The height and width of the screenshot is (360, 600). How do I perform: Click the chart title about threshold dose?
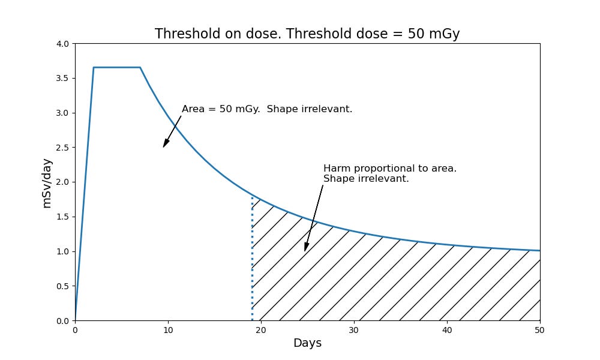pos(307,34)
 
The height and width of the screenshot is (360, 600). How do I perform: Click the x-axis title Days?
pos(307,343)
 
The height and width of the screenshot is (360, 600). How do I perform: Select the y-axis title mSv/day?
pos(47,182)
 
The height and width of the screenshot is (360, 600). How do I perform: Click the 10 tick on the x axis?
pos(168,329)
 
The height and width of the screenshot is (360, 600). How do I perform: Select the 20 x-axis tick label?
pos(261,329)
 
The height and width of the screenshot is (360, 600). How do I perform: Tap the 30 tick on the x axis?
pos(354,329)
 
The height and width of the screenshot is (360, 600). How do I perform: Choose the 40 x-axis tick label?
pos(447,329)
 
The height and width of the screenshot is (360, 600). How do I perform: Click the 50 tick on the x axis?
pos(540,329)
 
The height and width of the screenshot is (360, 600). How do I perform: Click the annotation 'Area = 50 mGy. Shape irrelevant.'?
pos(267,109)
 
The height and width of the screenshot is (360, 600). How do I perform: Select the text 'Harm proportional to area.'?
pos(390,169)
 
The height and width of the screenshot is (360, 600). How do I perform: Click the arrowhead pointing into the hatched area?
pos(306,247)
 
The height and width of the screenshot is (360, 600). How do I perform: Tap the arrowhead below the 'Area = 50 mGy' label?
pos(166,143)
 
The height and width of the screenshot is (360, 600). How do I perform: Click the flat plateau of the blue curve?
pos(117,67)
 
